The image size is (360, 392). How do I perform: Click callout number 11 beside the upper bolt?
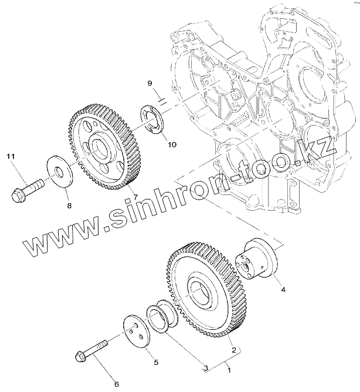tap(11, 157)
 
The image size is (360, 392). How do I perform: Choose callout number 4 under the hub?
tap(283, 289)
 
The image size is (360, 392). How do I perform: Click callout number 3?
tap(205, 368)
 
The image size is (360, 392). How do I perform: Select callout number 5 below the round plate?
tap(155, 363)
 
